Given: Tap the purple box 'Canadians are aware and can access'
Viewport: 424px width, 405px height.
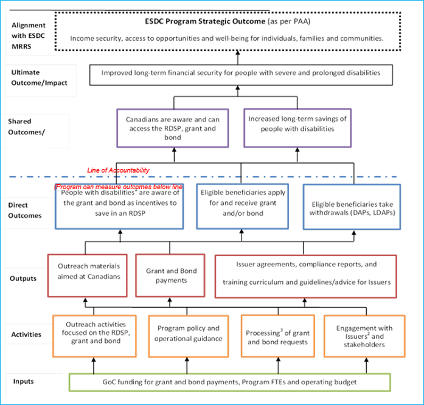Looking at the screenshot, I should [172, 128].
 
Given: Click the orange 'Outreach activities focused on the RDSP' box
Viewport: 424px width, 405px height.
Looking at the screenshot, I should [92, 335].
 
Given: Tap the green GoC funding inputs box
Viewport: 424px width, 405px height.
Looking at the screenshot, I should [229, 382].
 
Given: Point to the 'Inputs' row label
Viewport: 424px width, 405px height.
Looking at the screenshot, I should [24, 381].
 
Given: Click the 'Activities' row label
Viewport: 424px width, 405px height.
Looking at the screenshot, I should [28, 334].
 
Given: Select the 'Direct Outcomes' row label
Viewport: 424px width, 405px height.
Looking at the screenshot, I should [26, 210].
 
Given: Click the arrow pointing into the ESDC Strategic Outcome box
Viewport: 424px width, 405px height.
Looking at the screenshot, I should [238, 56].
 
